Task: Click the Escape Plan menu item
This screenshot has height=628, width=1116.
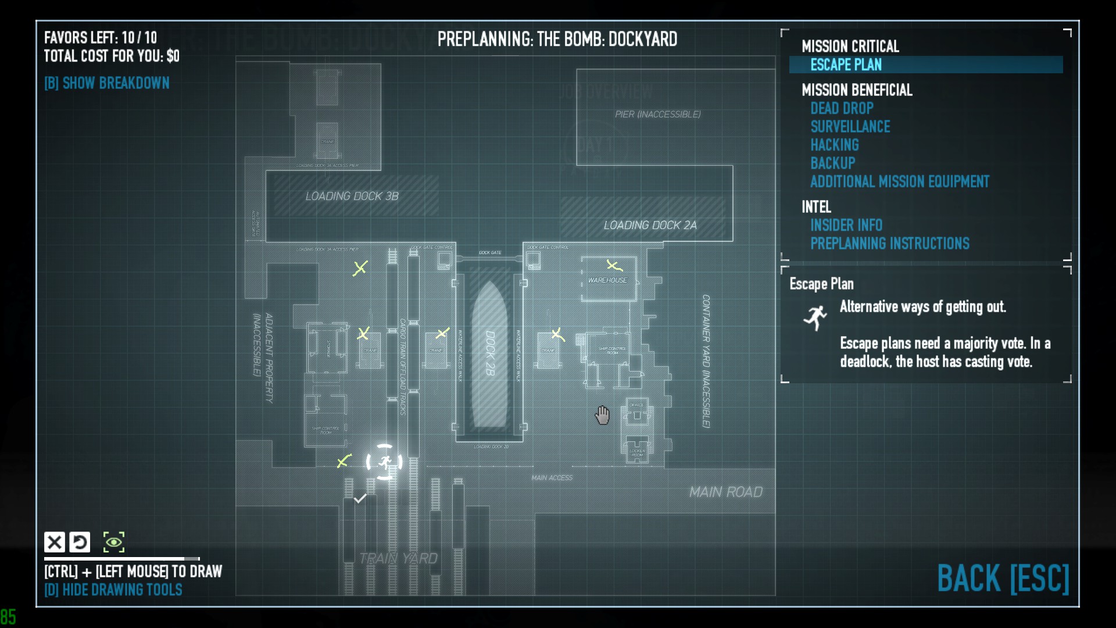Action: click(846, 65)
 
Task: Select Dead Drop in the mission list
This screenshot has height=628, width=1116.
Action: click(842, 108)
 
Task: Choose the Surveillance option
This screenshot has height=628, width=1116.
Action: click(850, 127)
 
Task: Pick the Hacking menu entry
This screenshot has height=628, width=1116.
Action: click(834, 145)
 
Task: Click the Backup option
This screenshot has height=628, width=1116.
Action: click(832, 163)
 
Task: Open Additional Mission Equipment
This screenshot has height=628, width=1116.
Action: click(899, 182)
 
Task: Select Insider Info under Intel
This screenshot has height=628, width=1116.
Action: click(846, 225)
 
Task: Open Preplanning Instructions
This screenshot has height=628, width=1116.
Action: click(889, 244)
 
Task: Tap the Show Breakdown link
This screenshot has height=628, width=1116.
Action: click(107, 83)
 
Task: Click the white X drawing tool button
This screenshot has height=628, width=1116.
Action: click(55, 542)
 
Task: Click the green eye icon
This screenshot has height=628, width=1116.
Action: click(114, 542)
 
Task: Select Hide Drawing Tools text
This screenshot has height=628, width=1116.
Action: click(113, 590)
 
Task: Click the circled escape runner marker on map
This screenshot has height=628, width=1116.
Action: click(384, 462)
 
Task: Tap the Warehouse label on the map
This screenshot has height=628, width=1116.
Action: click(607, 280)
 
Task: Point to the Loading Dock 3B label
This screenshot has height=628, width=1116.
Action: click(352, 197)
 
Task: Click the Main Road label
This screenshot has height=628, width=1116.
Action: click(725, 493)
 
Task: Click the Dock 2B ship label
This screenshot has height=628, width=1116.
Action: click(490, 353)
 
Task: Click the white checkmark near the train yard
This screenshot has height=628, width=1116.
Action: click(360, 498)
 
